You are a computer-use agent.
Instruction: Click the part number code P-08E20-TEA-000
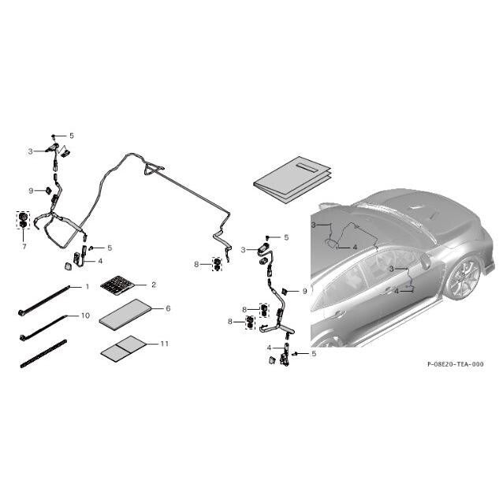455,364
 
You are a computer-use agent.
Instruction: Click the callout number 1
88,287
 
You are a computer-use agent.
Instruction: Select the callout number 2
154,285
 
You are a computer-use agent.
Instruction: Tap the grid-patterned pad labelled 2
117,285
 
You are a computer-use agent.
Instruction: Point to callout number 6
168,308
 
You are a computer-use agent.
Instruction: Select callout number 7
24,246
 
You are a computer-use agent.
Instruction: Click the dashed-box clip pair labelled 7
23,220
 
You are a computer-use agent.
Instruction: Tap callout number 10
86,315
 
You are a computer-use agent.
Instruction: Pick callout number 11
164,344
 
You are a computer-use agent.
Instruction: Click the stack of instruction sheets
292,180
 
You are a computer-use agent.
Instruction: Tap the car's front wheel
463,277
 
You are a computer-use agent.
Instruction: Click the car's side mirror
425,261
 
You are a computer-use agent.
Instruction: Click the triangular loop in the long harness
154,169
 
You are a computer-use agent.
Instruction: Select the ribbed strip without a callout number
43,354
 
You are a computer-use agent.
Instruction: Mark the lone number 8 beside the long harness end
196,264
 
